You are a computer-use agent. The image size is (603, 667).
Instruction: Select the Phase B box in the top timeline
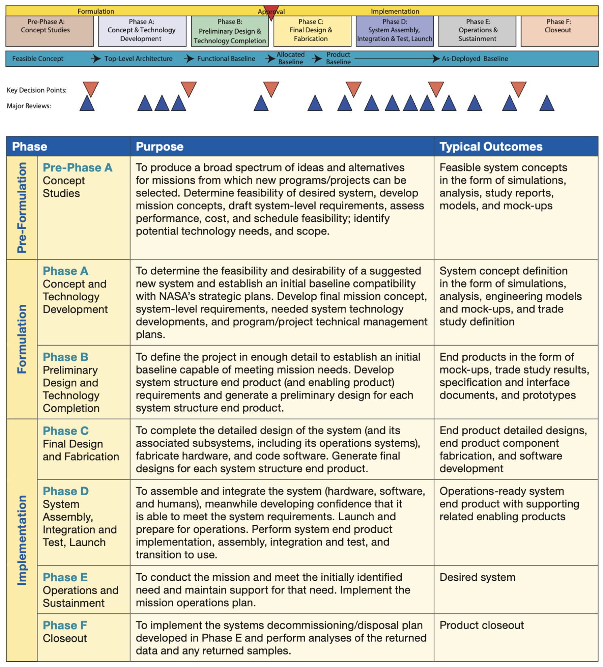(x=230, y=31)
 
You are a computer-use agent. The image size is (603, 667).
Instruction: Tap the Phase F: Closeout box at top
(x=559, y=31)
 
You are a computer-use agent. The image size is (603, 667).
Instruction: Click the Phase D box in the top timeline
(x=394, y=31)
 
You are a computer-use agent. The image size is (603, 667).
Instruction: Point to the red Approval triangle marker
(x=271, y=12)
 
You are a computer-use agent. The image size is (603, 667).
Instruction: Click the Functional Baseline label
(x=226, y=59)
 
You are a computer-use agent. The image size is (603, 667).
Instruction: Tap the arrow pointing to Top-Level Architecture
(x=96, y=59)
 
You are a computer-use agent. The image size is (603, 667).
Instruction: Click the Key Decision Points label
(x=36, y=90)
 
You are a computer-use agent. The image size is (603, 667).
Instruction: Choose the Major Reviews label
(x=29, y=106)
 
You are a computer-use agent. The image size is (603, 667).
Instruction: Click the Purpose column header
(x=160, y=146)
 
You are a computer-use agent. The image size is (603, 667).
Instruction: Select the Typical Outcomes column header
(x=491, y=146)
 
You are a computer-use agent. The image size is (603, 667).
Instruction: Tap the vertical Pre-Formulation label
(x=22, y=208)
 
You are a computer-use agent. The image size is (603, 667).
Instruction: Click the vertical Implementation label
(x=22, y=540)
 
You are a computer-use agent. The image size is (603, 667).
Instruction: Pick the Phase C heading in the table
(x=65, y=431)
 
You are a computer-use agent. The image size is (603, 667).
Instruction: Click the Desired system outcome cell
(x=477, y=577)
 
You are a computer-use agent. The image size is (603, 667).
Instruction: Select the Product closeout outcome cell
(x=481, y=625)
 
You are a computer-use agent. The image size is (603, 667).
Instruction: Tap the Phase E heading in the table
(x=65, y=577)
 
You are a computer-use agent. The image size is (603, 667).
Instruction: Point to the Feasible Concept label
(x=38, y=59)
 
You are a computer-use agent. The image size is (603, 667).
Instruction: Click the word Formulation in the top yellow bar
(x=96, y=11)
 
